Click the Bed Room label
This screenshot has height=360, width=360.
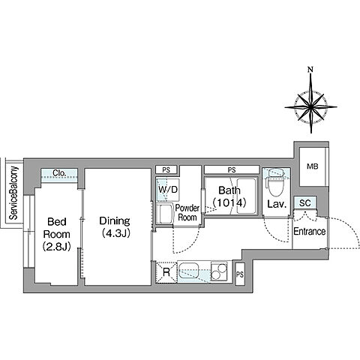tap(57, 234)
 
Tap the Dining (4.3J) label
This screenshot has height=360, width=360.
tap(115, 227)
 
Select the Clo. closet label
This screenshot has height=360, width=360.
tap(59, 172)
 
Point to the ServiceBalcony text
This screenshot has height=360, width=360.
tap(13, 193)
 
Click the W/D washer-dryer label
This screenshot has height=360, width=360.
tap(168, 190)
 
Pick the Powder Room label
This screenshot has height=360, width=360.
tap(187, 212)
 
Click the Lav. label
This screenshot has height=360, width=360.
tap(277, 204)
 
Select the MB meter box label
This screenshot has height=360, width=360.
tap(313, 166)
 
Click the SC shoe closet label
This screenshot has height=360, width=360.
tap(305, 203)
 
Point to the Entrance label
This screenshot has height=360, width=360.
tap(310, 232)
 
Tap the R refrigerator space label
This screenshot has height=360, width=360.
tap(166, 272)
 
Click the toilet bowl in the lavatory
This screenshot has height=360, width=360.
tap(276, 184)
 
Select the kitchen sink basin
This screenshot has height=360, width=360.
tap(189, 271)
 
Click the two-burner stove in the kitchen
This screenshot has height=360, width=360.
tap(219, 271)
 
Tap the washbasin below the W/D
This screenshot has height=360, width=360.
tap(165, 213)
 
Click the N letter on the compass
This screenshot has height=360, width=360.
tap(310, 69)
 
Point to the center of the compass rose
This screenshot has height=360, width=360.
tap(311, 107)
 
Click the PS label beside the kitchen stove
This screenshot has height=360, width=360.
tap(240, 274)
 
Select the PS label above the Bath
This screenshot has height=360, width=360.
tap(232, 170)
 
